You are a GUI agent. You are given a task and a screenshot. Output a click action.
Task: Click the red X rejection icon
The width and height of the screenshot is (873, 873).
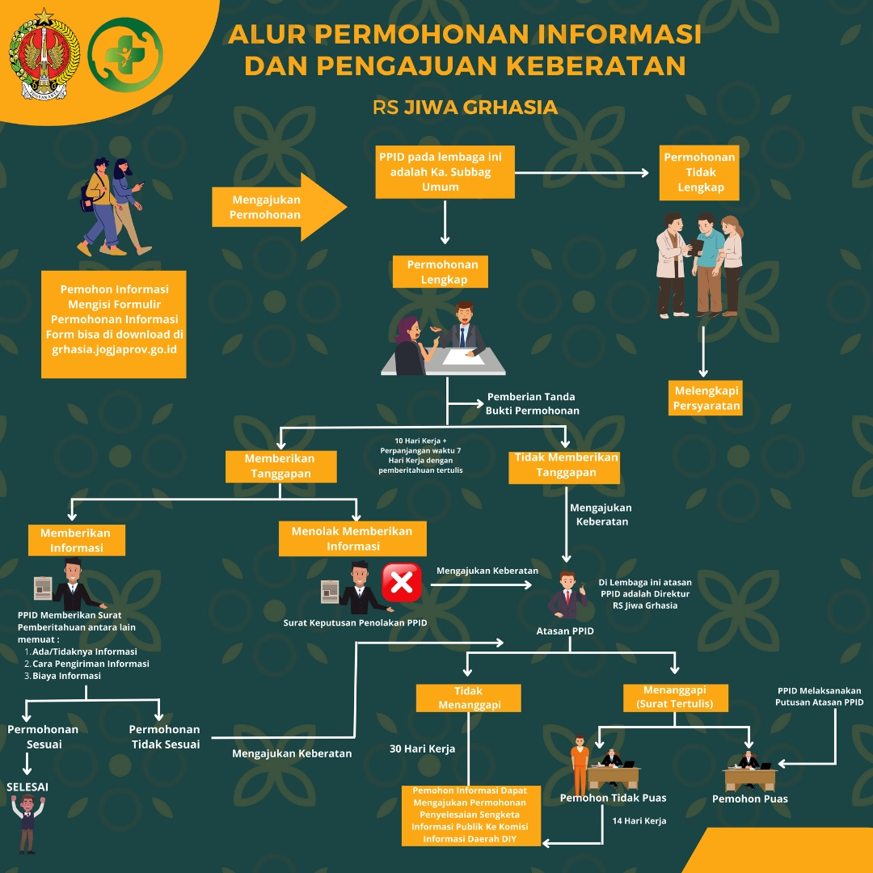pos(402,583)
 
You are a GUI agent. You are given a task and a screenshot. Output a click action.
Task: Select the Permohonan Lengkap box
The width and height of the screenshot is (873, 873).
pos(442,272)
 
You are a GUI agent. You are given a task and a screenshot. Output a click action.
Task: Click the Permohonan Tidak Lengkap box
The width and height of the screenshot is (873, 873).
pos(699,173)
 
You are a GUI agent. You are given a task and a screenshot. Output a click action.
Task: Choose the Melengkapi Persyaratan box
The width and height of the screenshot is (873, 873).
pos(706,398)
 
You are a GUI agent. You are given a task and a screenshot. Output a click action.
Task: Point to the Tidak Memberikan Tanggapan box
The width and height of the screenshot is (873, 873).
pos(565,465)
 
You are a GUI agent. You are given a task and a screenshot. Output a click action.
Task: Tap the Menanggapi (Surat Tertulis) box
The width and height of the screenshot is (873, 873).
pos(675,697)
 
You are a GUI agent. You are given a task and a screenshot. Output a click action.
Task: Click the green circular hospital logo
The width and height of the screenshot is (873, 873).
pos(125,54)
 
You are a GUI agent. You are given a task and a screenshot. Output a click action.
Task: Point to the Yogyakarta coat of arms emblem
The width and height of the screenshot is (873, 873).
pos(44,53)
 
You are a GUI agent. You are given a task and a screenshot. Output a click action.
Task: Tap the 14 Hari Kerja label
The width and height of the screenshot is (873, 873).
pos(639,821)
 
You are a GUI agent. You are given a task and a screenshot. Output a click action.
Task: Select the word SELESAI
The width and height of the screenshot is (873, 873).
pos(27,787)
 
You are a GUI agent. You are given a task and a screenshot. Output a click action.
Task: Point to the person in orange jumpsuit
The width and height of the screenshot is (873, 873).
pos(579,765)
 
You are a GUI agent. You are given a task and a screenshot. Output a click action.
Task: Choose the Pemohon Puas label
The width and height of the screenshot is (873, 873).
pos(749,799)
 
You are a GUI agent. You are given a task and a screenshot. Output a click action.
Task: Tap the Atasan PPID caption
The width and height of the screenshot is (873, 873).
pos(565,630)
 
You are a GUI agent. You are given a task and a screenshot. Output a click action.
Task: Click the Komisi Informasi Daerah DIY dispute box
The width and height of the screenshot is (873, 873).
pos(469,815)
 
